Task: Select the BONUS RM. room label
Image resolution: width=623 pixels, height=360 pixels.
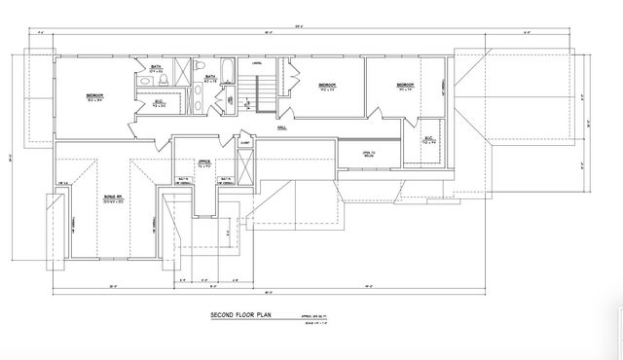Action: (113, 198)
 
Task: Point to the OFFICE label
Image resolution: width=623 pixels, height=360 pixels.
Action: (204, 162)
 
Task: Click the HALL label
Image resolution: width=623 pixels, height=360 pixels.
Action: (281, 126)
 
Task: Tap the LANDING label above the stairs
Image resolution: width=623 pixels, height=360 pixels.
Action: (258, 65)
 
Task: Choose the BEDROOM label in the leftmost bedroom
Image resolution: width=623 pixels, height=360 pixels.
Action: (94, 95)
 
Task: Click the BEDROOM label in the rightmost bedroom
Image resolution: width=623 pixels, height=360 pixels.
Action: (405, 85)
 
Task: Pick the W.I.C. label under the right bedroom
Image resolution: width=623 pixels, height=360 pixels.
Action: (429, 139)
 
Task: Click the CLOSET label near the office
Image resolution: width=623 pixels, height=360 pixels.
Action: (245, 143)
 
